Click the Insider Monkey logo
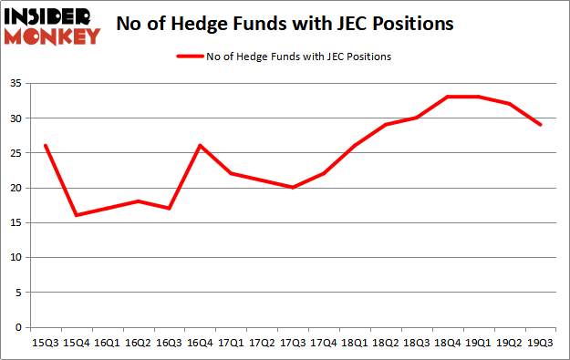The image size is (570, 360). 53,26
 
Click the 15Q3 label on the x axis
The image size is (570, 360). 44,343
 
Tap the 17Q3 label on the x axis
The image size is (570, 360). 293,343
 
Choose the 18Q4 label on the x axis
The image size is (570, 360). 447,343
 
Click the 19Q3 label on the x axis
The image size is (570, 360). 540,343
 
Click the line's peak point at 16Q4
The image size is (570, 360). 199,146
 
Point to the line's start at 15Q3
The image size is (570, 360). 44,146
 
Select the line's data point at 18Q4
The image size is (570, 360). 447,97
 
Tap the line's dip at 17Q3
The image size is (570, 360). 293,188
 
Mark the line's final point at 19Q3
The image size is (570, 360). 540,125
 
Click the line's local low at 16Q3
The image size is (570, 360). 168,209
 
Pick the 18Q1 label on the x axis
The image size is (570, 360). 354,343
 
